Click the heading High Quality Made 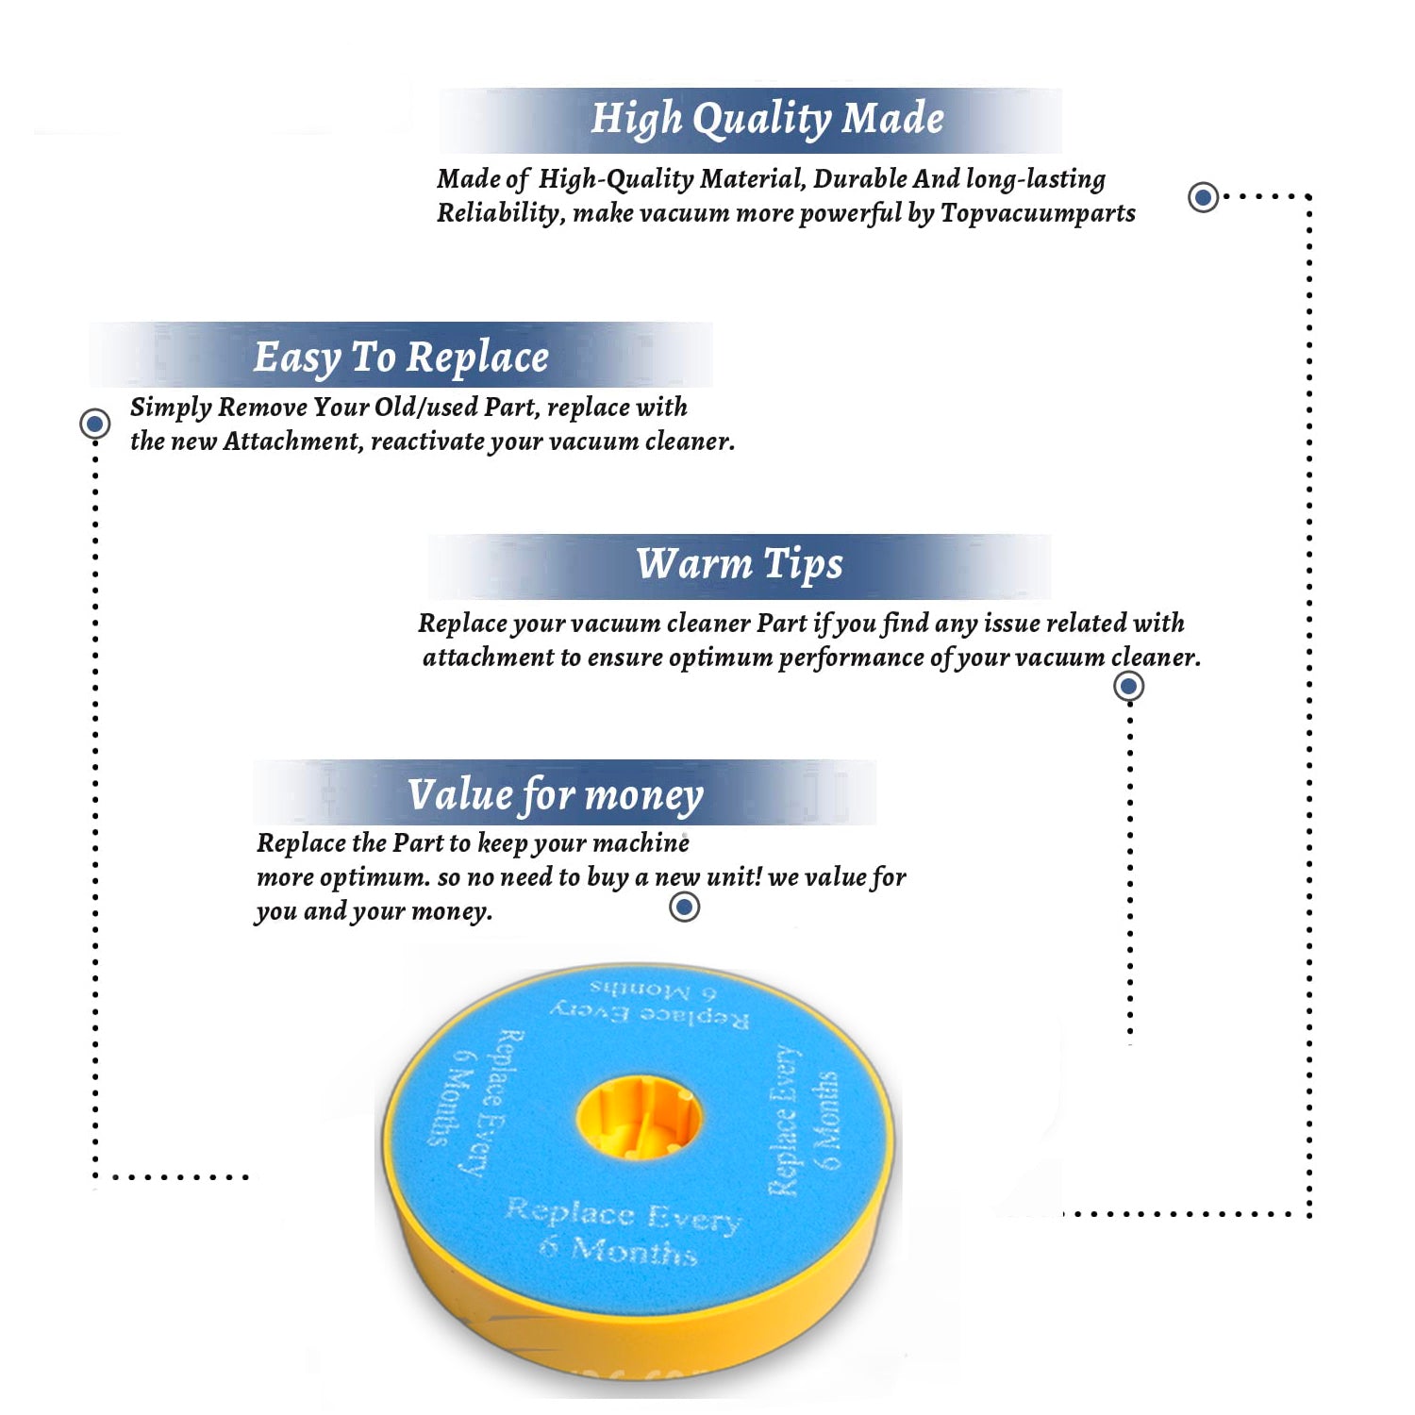tap(767, 120)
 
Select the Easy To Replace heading tap(401, 358)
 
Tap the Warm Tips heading tap(740, 564)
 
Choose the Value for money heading tap(556, 795)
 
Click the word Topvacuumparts tap(1038, 214)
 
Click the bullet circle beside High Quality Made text tap(1203, 197)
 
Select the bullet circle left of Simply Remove tap(94, 424)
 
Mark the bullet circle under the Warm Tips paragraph tap(1129, 686)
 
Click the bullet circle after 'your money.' tap(684, 907)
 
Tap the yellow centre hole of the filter tap(639, 1118)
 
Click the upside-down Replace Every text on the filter tap(650, 1013)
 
